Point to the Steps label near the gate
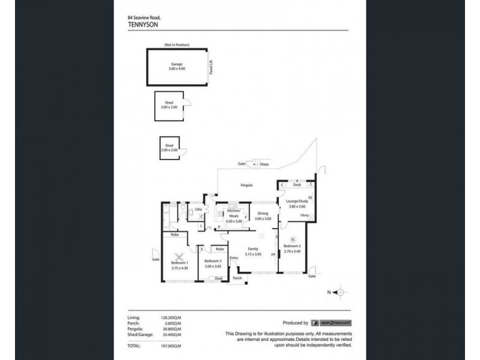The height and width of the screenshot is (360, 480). pyautogui.click(x=264, y=164)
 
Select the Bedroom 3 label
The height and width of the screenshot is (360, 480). pyautogui.click(x=212, y=262)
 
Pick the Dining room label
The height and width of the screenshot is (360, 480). pyautogui.click(x=262, y=214)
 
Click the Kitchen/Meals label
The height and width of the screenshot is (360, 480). pyautogui.click(x=233, y=215)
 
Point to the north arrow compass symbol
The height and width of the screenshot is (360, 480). pyautogui.click(x=340, y=292)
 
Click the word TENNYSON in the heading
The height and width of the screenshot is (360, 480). pyautogui.click(x=144, y=25)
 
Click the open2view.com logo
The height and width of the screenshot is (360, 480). pyautogui.click(x=331, y=322)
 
